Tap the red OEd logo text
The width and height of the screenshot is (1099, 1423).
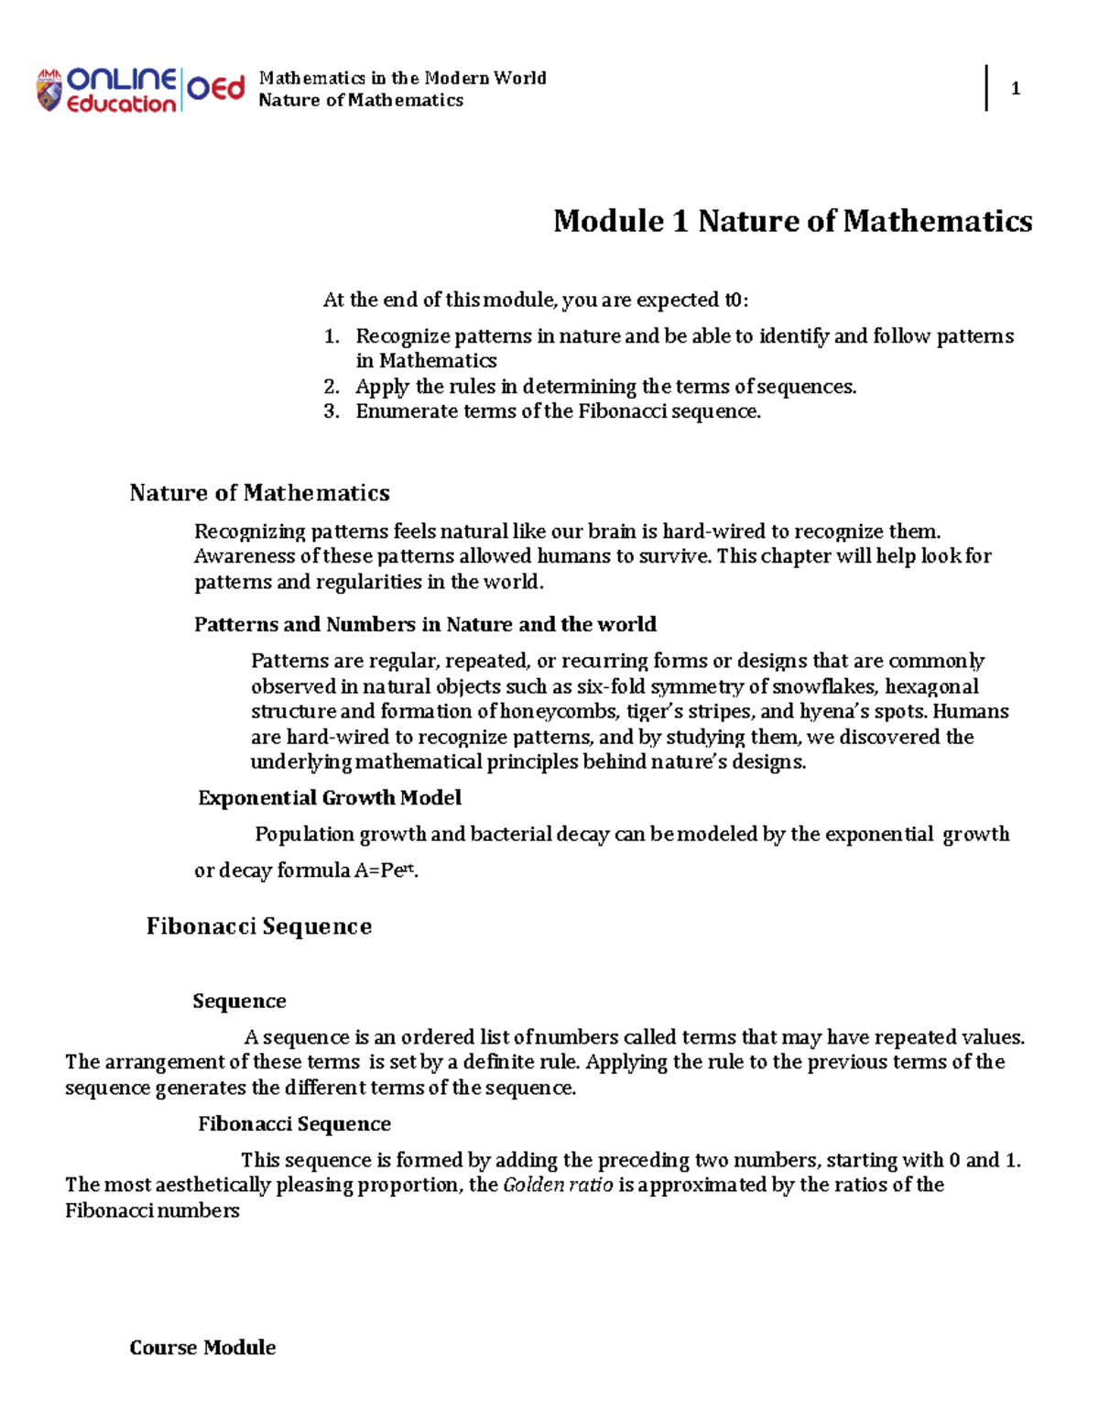click(x=216, y=88)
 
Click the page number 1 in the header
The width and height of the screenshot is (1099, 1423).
click(x=1015, y=89)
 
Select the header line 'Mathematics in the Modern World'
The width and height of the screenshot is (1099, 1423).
click(x=402, y=78)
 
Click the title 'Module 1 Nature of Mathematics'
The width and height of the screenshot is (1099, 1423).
click(x=792, y=221)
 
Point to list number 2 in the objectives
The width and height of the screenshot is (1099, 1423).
click(x=332, y=387)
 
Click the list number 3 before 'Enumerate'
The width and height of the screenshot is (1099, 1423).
click(x=332, y=411)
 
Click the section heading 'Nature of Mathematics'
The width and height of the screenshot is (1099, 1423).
click(x=259, y=493)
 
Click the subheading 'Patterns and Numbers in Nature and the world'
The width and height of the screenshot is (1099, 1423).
click(x=425, y=625)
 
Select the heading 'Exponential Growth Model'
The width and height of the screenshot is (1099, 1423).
click(x=330, y=798)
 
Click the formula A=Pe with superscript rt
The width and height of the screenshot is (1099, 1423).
click(x=386, y=870)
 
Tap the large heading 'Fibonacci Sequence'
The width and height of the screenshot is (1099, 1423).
click(x=259, y=926)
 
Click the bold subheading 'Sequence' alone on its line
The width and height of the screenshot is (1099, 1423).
click(x=239, y=1001)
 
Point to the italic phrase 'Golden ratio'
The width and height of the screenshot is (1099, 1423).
click(x=558, y=1185)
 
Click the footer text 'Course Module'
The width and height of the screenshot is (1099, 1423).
click(x=202, y=1347)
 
